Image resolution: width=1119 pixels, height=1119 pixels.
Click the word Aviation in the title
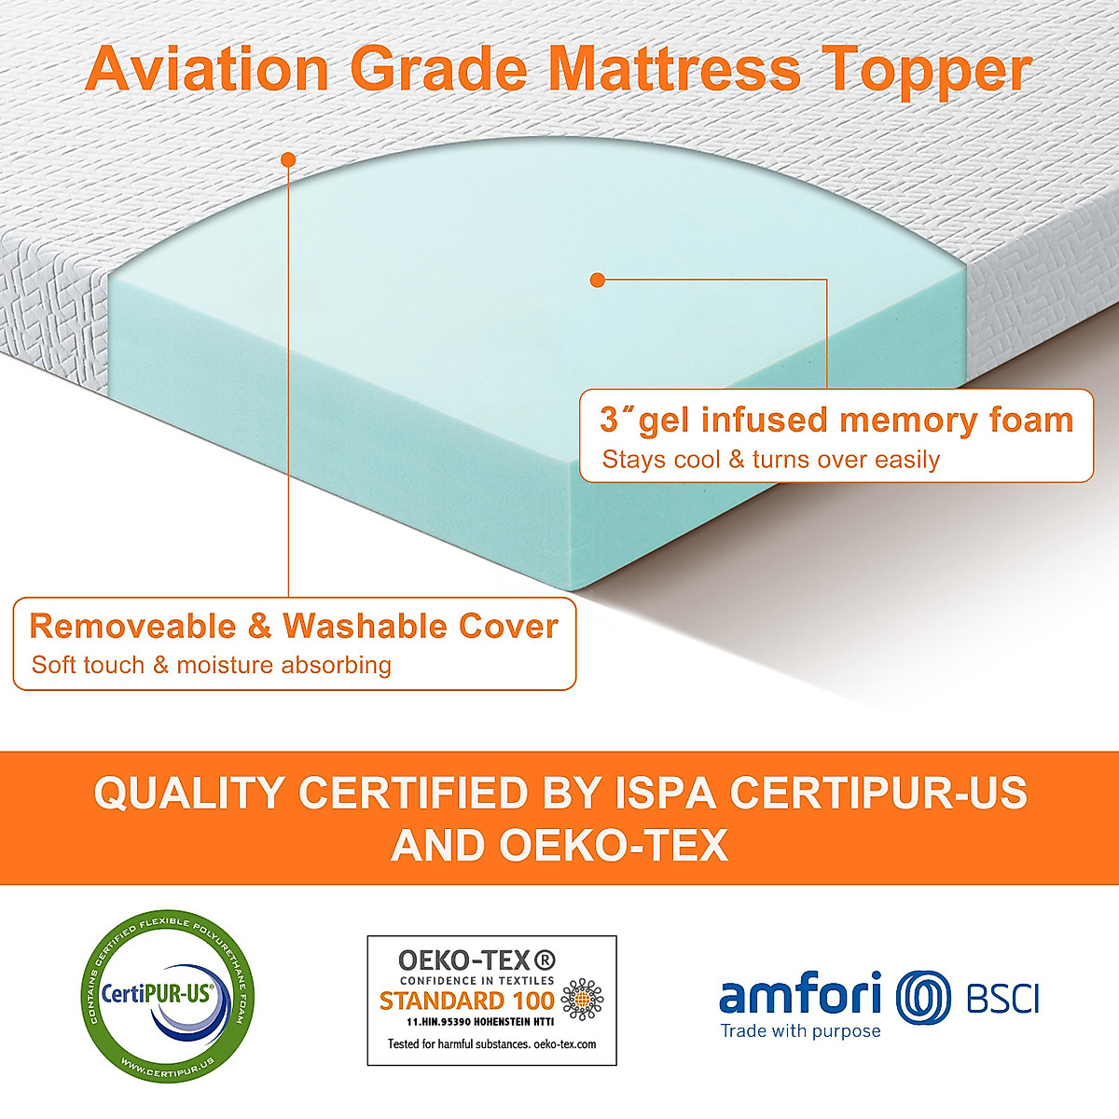tap(207, 69)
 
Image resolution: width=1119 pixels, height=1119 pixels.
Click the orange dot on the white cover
tap(288, 159)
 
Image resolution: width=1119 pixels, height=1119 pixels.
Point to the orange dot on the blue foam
tap(598, 279)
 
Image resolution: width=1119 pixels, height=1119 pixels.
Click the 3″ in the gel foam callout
tap(617, 420)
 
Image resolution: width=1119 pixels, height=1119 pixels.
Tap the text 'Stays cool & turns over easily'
tap(770, 460)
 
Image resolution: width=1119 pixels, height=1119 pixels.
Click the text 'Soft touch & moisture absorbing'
tap(211, 665)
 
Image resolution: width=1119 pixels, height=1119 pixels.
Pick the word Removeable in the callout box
tap(134, 626)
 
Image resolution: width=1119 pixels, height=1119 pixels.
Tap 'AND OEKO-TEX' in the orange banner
tap(559, 846)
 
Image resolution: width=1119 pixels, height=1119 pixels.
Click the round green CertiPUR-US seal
tap(169, 996)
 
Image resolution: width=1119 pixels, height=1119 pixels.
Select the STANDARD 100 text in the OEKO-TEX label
tap(466, 1002)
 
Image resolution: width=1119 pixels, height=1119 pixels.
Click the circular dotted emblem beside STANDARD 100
tap(582, 1001)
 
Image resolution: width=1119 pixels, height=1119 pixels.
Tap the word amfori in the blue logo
tap(800, 995)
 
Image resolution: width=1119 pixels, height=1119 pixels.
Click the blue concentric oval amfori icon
tap(923, 997)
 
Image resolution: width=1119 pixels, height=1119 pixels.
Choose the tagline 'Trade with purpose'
tap(800, 1030)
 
